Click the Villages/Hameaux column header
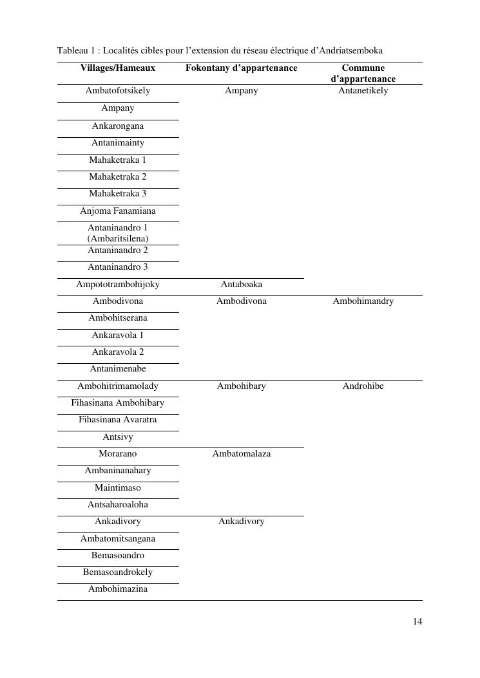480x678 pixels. [x=118, y=68]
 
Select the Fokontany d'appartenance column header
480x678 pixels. [x=241, y=68]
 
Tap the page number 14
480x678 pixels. [x=418, y=621]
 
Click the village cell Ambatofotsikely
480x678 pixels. [x=118, y=91]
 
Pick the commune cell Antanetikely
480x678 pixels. [x=363, y=91]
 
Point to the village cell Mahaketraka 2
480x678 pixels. [x=118, y=176]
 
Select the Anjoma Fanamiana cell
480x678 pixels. [x=118, y=211]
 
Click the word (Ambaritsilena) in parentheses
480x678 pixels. [x=118, y=238]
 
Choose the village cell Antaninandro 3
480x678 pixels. [x=118, y=267]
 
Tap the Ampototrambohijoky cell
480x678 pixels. [x=118, y=284]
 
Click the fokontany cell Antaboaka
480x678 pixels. [x=241, y=284]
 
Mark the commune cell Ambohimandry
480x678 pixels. [x=363, y=301]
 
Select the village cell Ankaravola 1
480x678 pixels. [x=118, y=335]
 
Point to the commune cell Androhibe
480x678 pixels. [x=363, y=386]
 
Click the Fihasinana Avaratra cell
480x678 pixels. [x=118, y=419]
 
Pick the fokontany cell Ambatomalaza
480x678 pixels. [x=241, y=453]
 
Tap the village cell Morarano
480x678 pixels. [x=118, y=453]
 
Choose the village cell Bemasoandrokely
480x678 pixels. [x=118, y=572]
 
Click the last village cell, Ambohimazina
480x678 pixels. [x=118, y=589]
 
